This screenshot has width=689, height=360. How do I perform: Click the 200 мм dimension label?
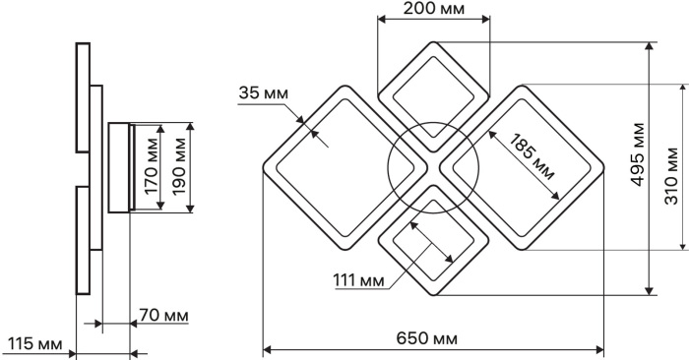[433, 8]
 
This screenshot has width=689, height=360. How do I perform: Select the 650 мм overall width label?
[426, 338]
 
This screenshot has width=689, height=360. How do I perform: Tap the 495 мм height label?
[638, 154]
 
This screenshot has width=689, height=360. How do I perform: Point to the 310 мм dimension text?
[671, 176]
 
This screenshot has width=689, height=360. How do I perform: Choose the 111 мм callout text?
[358, 279]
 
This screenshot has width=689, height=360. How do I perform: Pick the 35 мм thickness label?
[263, 93]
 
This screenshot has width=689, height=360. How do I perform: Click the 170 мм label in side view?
[152, 166]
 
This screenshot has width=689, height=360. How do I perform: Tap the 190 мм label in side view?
[179, 166]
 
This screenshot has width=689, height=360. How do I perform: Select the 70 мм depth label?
[164, 315]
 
